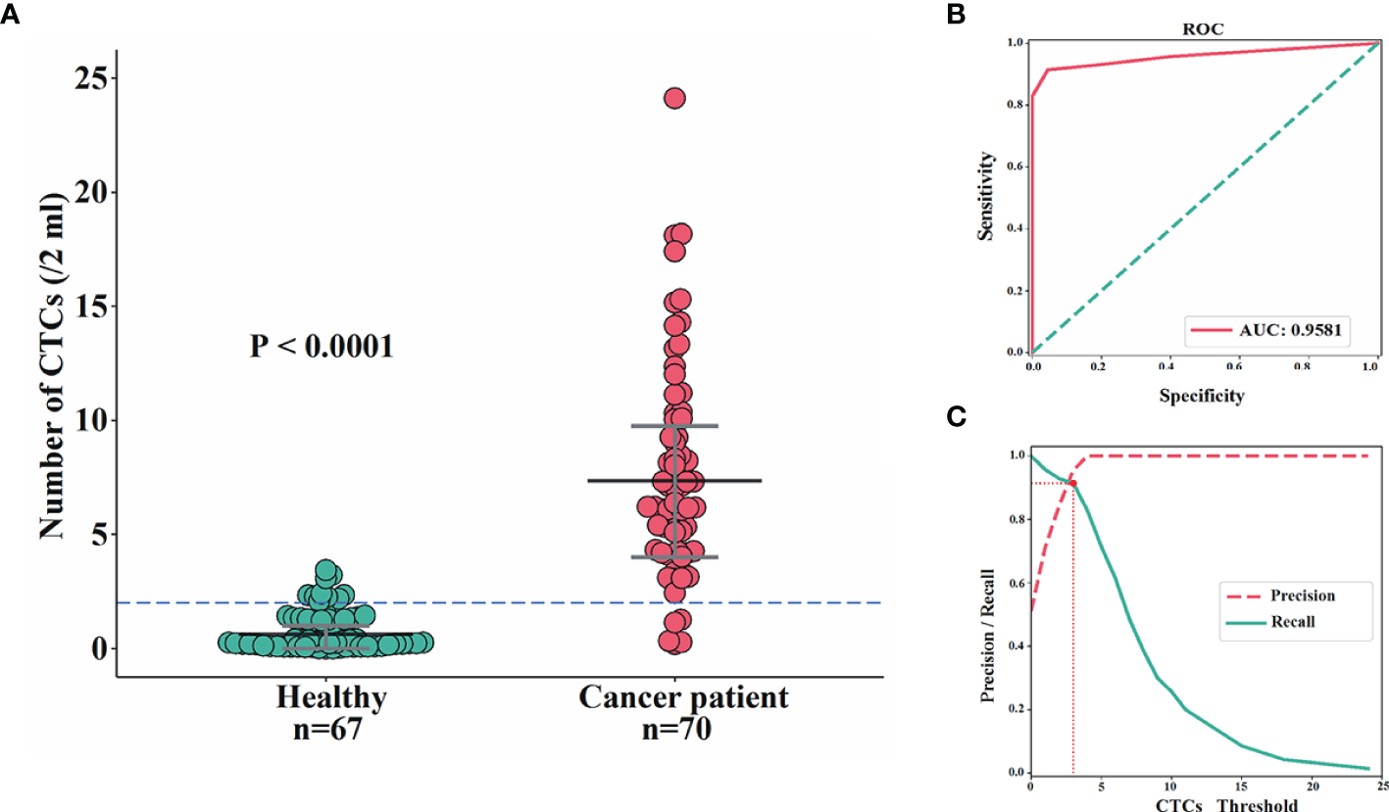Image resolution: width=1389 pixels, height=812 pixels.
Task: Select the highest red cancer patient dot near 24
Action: point(674,98)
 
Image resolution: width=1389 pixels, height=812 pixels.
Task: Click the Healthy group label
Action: point(330,699)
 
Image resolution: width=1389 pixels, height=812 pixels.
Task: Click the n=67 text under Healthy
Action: point(330,732)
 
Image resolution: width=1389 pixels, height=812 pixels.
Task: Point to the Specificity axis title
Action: point(1202,397)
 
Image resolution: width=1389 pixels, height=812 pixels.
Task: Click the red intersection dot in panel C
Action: point(1073,483)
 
